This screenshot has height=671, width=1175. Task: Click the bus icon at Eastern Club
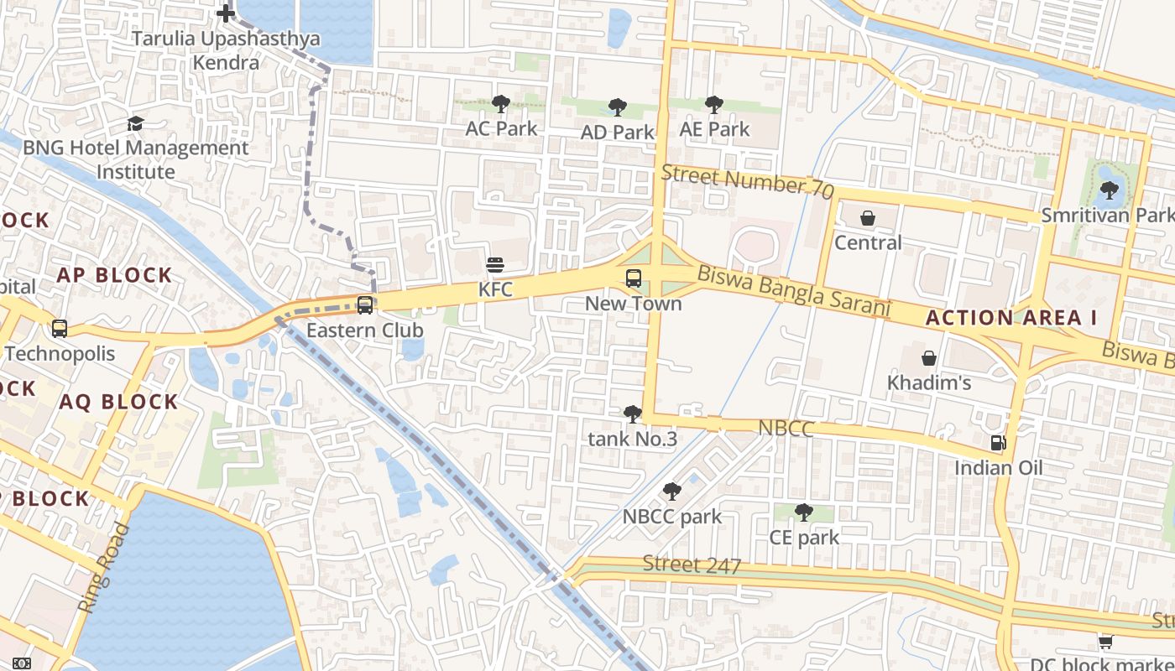click(x=365, y=305)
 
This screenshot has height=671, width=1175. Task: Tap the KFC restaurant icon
click(x=495, y=266)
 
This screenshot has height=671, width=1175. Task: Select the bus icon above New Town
click(x=634, y=278)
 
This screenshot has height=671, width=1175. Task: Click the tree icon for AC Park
click(x=501, y=104)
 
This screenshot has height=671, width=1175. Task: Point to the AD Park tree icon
click(x=618, y=107)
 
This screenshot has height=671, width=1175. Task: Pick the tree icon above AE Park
click(x=714, y=105)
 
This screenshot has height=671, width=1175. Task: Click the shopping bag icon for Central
click(x=868, y=218)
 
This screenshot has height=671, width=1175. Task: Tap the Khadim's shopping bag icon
click(x=929, y=358)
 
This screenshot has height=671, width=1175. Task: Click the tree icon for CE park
click(x=804, y=512)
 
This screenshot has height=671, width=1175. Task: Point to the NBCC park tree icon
click(x=671, y=492)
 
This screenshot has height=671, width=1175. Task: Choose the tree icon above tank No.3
click(x=633, y=414)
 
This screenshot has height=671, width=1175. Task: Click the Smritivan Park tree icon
click(x=1109, y=190)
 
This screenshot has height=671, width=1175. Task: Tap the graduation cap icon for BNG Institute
click(x=135, y=124)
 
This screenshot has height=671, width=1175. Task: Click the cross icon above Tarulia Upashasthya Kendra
click(x=226, y=13)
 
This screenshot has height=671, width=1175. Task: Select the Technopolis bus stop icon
click(x=60, y=329)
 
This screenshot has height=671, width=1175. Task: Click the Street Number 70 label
click(x=747, y=182)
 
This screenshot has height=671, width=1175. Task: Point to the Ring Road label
click(x=105, y=568)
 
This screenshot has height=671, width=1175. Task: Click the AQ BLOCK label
click(x=118, y=402)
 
